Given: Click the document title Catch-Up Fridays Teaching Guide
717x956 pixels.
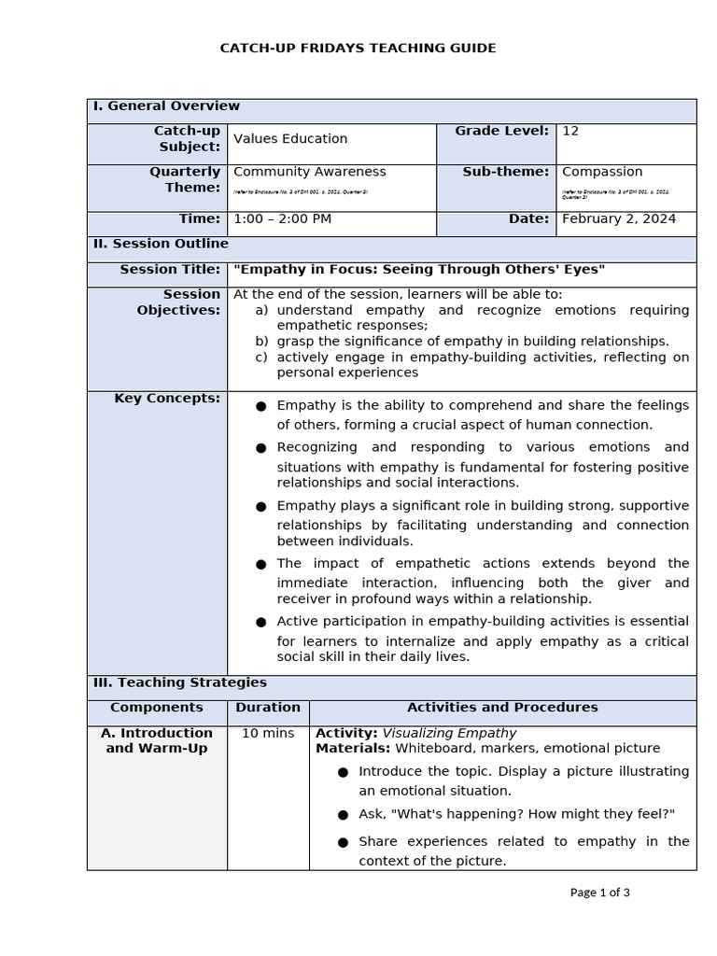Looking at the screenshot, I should (358, 48).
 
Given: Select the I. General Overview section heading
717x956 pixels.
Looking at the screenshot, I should (166, 106).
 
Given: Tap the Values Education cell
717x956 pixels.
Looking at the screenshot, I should (290, 139).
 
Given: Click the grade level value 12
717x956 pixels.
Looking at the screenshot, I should (570, 132).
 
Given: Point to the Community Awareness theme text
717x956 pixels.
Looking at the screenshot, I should (309, 172).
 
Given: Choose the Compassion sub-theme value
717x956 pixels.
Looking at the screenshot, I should (602, 172).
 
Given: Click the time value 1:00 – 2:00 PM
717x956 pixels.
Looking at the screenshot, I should (282, 219).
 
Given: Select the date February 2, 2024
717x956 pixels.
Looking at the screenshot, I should (619, 219).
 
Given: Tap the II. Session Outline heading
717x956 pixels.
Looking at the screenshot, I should (161, 244).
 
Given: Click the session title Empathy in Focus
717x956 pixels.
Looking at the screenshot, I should (419, 270).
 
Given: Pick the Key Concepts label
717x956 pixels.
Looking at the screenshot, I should (167, 399).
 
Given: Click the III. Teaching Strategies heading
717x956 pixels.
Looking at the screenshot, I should (179, 683).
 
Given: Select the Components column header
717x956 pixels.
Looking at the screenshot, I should (157, 708).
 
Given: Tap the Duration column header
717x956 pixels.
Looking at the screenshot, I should (268, 708).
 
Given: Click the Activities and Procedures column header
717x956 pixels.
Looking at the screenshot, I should (502, 708).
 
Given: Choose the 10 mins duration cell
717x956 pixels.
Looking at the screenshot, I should (268, 734).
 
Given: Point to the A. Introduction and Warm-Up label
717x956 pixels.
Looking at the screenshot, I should (157, 740).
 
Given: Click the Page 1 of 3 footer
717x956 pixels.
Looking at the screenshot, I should (599, 893).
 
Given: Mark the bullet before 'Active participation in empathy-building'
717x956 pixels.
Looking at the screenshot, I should (261, 623).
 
